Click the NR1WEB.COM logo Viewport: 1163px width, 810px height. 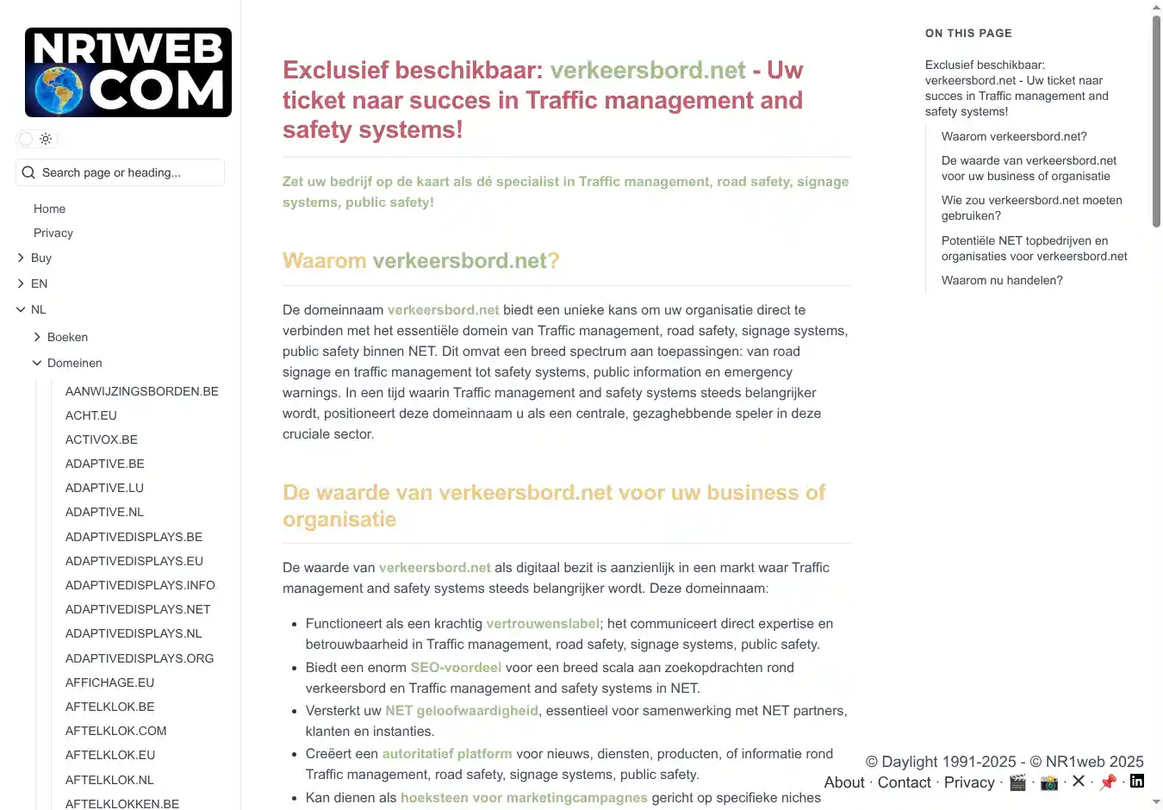(x=128, y=72)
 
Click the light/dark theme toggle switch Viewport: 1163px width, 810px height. (x=36, y=139)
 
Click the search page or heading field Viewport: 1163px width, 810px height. (x=121, y=172)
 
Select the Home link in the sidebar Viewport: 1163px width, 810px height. (x=49, y=209)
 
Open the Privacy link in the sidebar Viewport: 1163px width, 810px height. (x=53, y=233)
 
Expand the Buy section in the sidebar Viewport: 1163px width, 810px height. (x=40, y=258)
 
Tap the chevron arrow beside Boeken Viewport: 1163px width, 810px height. (x=37, y=337)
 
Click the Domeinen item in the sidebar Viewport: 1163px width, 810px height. (x=74, y=363)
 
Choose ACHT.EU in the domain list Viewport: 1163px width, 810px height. (x=91, y=415)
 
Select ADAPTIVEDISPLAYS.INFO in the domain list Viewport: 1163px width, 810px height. (x=140, y=585)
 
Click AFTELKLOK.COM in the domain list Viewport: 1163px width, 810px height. (x=116, y=731)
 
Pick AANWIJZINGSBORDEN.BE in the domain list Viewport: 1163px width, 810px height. (x=142, y=391)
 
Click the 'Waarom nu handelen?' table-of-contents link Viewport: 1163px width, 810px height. (x=1002, y=280)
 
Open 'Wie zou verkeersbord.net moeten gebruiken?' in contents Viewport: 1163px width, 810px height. (x=1031, y=208)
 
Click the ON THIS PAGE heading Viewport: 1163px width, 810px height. (x=968, y=33)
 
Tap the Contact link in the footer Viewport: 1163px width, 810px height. (x=904, y=782)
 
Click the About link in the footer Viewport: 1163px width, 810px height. (x=844, y=782)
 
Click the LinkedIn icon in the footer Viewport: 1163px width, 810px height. (x=1137, y=782)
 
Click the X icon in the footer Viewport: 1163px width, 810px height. (x=1078, y=782)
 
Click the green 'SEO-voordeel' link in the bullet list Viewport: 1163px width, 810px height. (x=456, y=667)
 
